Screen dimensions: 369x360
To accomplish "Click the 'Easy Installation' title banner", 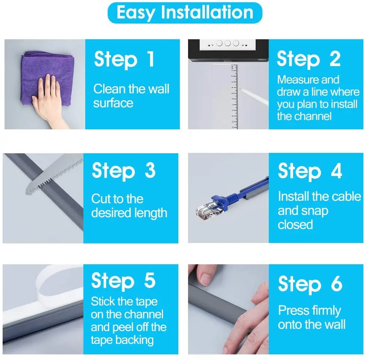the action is tap(185, 13).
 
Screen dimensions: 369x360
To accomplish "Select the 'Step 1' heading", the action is tap(124, 59).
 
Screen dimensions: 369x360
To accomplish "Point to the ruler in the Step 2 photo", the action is tap(234, 96).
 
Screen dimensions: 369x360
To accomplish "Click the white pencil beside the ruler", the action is tap(254, 96).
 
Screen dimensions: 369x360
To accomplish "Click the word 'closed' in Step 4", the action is tap(295, 225).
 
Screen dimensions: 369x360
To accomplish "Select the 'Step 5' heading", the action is tap(123, 281).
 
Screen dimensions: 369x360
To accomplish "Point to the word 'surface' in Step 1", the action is tap(113, 104).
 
